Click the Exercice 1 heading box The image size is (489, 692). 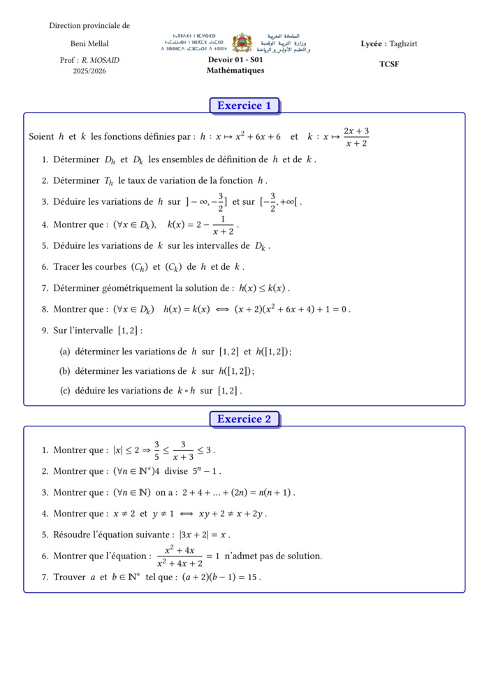[244, 106]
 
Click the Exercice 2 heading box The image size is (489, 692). [244, 419]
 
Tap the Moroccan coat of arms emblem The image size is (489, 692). [242, 43]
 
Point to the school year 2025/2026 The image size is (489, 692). [89, 71]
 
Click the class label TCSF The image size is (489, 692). [389, 64]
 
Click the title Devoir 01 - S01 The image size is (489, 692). [235, 60]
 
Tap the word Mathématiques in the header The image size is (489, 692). [235, 71]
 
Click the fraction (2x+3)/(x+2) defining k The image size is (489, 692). [356, 137]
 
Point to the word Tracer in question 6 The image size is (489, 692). [68, 267]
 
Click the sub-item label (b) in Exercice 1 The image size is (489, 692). [65, 371]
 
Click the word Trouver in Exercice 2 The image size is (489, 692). [68, 577]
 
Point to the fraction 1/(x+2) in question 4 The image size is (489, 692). [223, 226]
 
